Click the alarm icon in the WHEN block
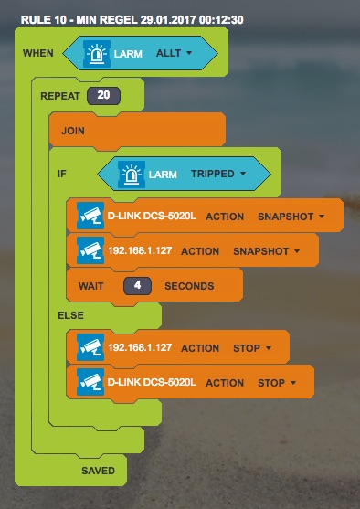tap(97, 54)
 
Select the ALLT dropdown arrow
tap(189, 53)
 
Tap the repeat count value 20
tap(103, 95)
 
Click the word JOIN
tap(73, 131)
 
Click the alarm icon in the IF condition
tap(132, 174)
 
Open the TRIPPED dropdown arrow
tap(243, 174)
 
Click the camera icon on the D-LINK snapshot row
tap(90, 216)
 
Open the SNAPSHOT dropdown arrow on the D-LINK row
tap(322, 217)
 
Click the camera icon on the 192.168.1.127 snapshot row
tap(90, 250)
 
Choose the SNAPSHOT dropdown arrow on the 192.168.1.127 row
tap(297, 251)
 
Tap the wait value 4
tap(137, 286)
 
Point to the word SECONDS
tap(189, 286)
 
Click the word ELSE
tap(70, 315)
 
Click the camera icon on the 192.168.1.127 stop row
tap(90, 347)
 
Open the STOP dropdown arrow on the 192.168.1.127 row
tap(269, 348)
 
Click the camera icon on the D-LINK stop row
tap(90, 382)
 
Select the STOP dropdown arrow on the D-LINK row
tap(293, 383)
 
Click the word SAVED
tap(98, 471)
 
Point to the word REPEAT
tap(60, 96)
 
